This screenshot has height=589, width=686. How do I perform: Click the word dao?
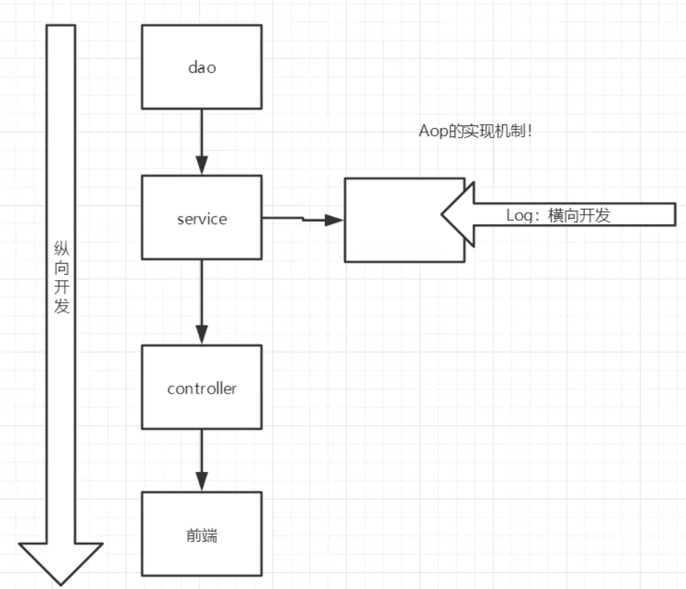coord(201,67)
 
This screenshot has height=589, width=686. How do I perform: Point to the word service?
coord(201,219)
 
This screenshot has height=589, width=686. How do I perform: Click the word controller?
coord(202,388)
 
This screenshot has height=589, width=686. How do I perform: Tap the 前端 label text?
coord(201,535)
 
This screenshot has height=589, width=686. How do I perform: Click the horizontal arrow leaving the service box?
coord(303,219)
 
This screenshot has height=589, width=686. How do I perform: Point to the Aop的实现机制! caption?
coord(475,131)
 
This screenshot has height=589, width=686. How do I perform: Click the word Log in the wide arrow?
coord(519,215)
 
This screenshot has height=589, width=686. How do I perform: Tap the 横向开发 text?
coord(579,215)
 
